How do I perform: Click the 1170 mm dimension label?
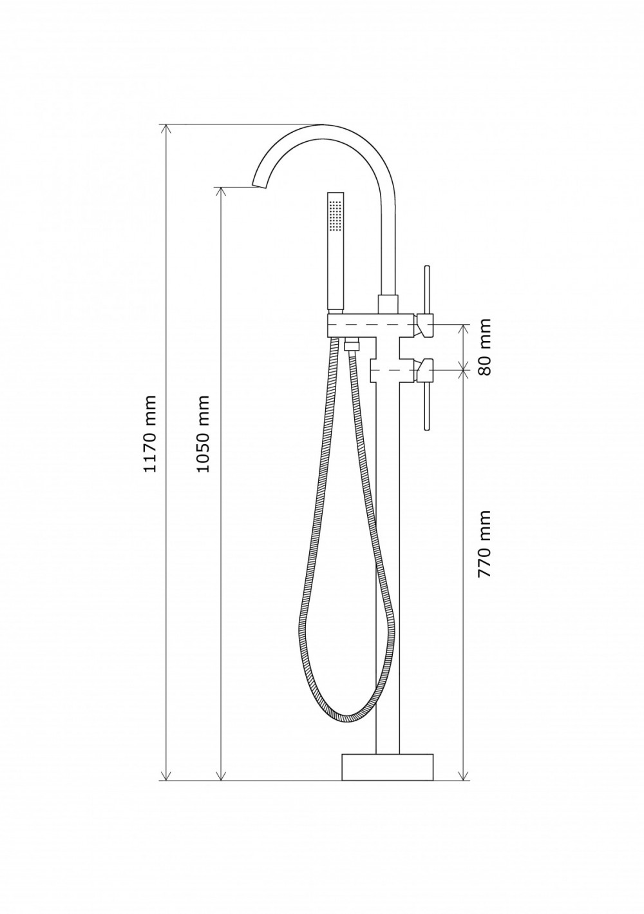pyautogui.click(x=150, y=433)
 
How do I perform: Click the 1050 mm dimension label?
pyautogui.click(x=202, y=433)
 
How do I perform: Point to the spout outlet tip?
pyautogui.click(x=258, y=186)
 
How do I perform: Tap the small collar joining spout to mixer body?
pyautogui.click(x=388, y=304)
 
